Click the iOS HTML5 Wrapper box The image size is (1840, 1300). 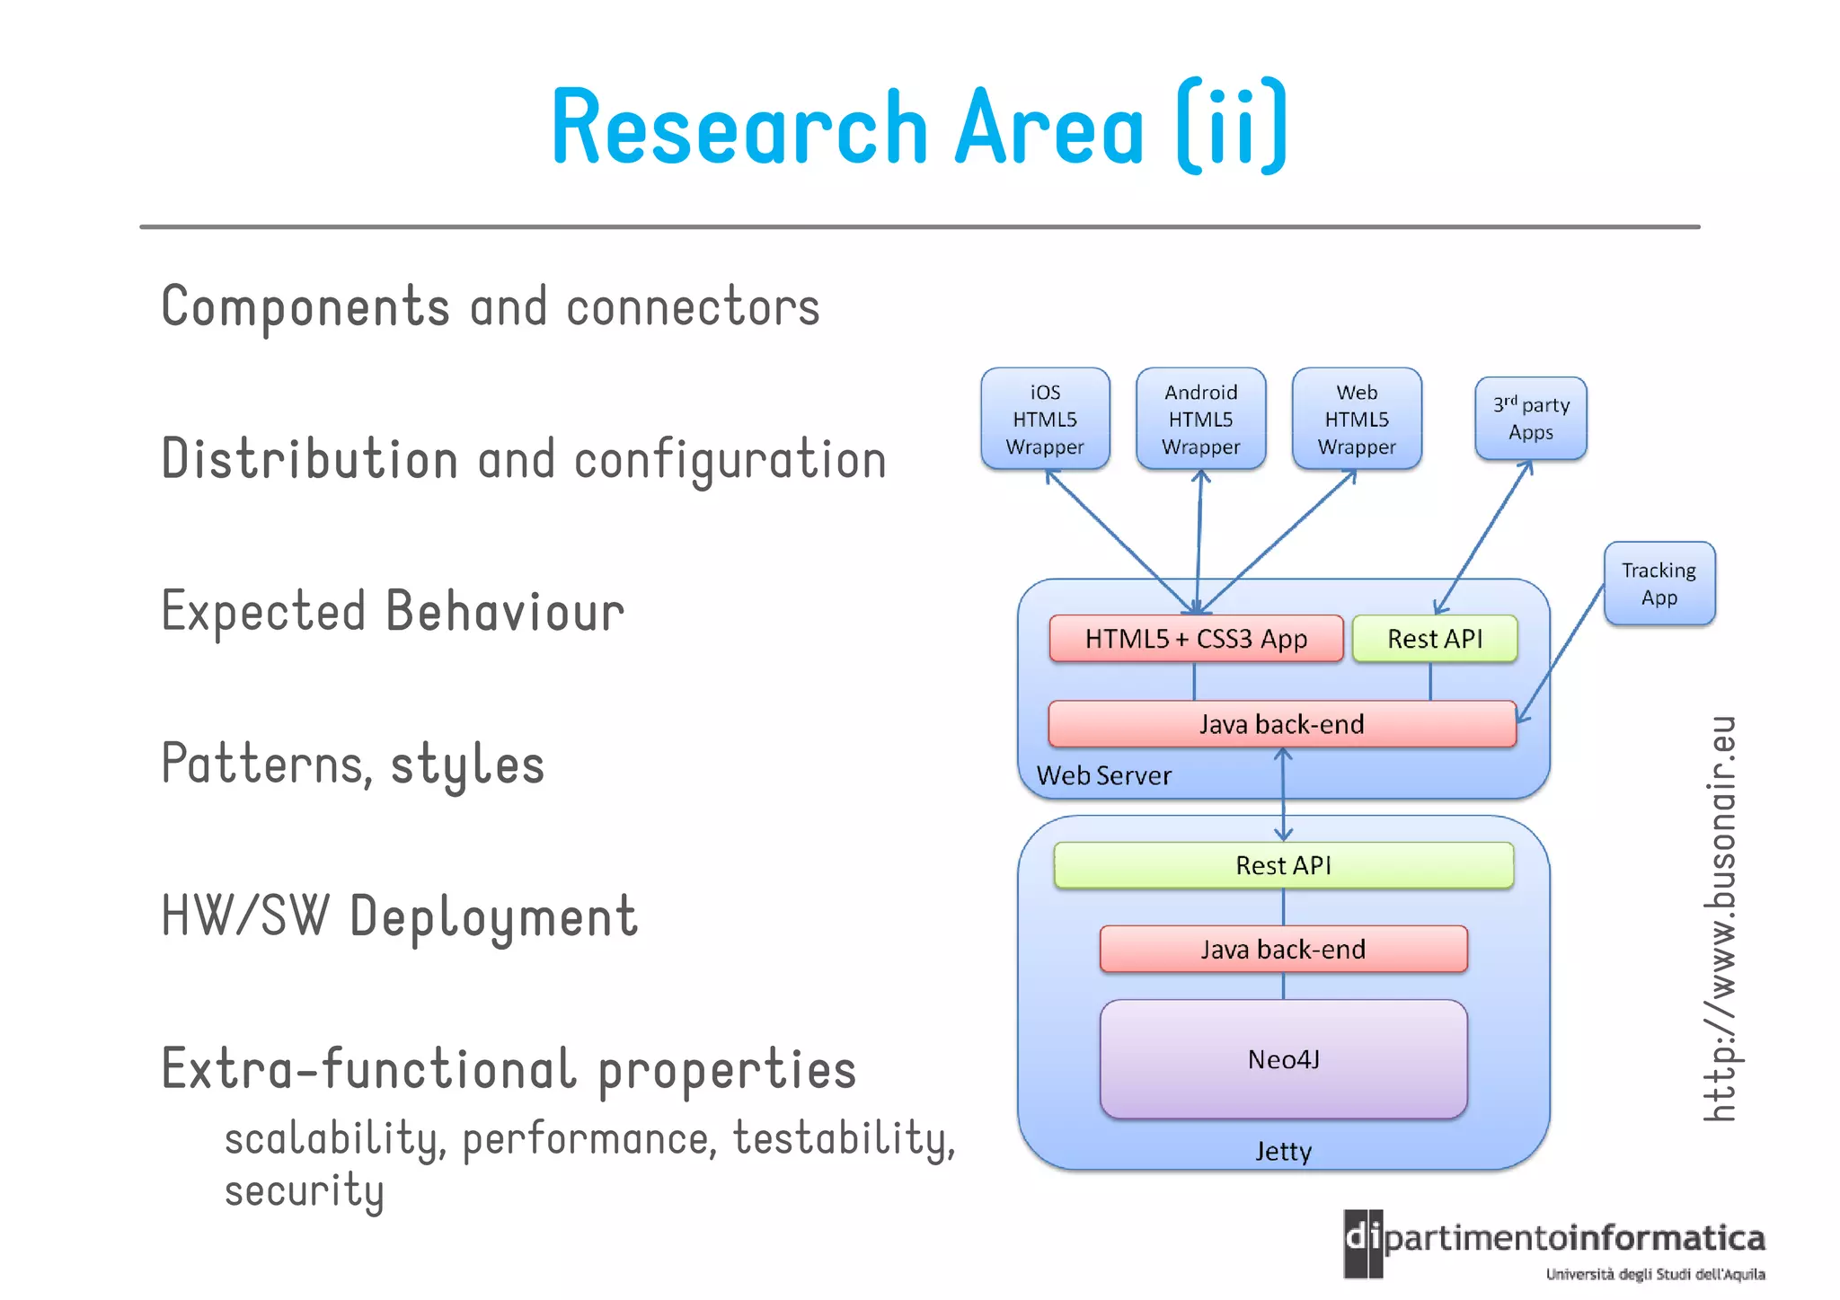tap(1045, 419)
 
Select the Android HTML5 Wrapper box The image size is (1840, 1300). tap(1200, 419)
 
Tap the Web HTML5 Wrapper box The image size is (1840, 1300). tap(1357, 419)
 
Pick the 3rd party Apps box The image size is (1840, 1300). tap(1531, 419)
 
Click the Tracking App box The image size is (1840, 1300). tap(1659, 583)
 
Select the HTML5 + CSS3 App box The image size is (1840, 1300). tap(1196, 639)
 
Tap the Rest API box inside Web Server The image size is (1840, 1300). tap(1435, 639)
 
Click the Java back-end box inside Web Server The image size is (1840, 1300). tap(1282, 724)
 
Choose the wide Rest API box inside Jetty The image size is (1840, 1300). tap(1283, 865)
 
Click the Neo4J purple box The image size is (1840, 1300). tap(1283, 1059)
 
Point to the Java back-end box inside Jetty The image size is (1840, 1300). tap(1283, 950)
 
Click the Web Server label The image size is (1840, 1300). tap(1103, 775)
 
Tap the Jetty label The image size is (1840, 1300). tap(1283, 1151)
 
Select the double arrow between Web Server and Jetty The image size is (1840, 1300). tap(1283, 796)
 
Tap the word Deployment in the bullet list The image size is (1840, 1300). tap(493, 917)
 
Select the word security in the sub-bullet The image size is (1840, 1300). tap(304, 1191)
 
